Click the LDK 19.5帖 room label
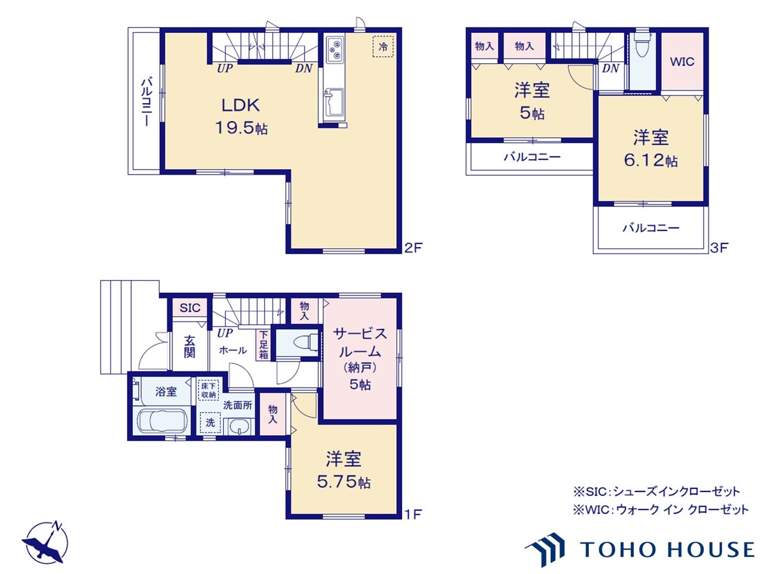241,116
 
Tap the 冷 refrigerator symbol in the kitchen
383,47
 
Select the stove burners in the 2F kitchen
335,50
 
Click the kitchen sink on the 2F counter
333,103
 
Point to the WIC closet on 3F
682,62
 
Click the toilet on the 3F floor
643,46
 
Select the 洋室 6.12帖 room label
651,148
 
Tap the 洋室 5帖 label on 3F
531,101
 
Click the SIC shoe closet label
190,308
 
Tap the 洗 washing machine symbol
210,422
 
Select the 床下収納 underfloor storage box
208,390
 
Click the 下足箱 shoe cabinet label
264,345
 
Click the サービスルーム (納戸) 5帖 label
360,358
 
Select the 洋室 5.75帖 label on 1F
344,470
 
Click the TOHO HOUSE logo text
667,549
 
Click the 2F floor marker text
413,247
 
